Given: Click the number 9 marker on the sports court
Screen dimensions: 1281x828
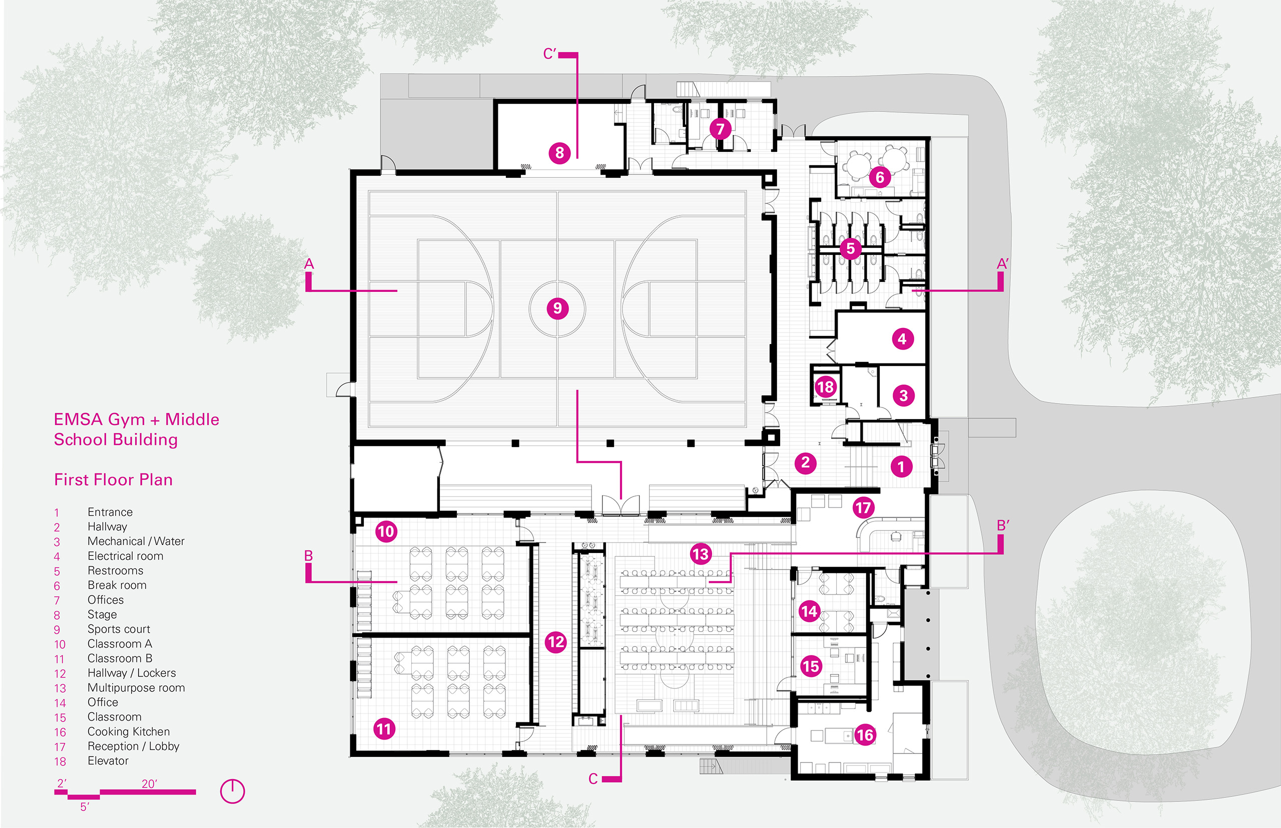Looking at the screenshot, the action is pos(557,308).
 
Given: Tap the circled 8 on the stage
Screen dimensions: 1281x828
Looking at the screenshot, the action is pos(559,152).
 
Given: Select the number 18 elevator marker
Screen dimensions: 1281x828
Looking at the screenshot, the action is pos(825,386).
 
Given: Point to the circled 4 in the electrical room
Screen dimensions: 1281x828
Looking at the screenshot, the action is pos(902,338).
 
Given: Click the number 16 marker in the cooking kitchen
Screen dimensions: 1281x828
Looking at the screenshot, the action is pos(865,735).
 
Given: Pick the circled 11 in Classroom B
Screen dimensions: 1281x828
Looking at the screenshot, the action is pos(384,729).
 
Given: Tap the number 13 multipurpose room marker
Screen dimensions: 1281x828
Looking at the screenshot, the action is pos(701,554).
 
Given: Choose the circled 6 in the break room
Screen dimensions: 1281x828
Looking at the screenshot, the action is pos(880,177).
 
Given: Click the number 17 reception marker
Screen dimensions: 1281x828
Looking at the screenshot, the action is pos(863,507).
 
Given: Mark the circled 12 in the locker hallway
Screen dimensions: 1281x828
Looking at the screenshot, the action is pos(556,641).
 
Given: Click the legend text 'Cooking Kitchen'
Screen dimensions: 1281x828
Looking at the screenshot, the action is pos(129,732).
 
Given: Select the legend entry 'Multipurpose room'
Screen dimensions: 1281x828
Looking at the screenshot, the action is pos(136,687).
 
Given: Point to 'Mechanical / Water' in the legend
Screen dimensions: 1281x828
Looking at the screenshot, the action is pos(136,541).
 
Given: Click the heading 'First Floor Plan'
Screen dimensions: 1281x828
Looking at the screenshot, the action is pos(114,479).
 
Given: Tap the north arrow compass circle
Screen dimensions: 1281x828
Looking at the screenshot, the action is pos(232,791).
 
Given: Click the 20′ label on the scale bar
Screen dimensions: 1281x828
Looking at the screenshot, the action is pos(150,784).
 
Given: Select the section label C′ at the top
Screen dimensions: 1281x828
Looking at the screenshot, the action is pos(550,54).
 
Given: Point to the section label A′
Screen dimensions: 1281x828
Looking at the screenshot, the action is pos(1003,263).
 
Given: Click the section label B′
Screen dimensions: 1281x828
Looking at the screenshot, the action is pos(1003,525).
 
